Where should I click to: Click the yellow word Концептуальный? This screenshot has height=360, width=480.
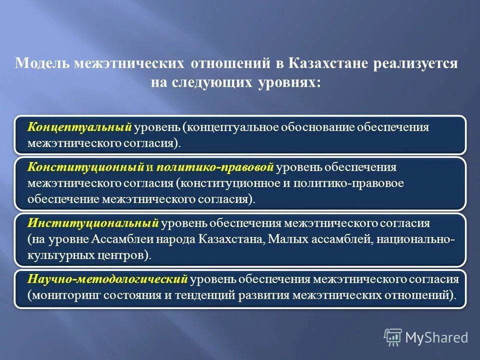pyautogui.click(x=79, y=127)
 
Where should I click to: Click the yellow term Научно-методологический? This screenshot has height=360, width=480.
pyautogui.click(x=107, y=279)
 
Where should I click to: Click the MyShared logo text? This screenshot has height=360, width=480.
pyautogui.click(x=436, y=337)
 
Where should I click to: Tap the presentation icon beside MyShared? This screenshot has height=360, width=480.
pyautogui.click(x=393, y=337)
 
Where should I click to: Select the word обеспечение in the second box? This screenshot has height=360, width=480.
pyautogui.click(x=64, y=199)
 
